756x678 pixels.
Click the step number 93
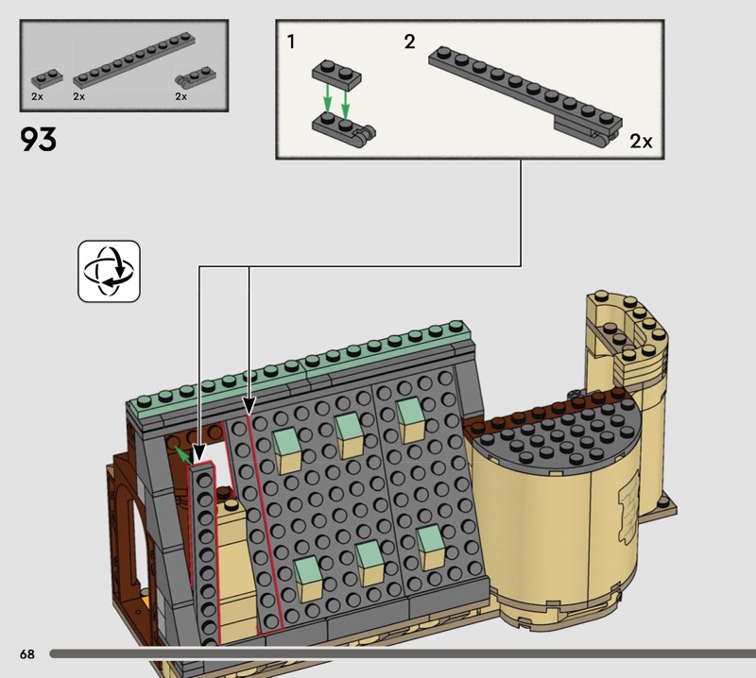38,139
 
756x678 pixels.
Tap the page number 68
27,653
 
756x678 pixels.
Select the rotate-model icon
109,271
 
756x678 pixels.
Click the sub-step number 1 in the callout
290,42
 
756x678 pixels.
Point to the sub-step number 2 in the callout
409,42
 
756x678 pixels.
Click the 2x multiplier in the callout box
641,142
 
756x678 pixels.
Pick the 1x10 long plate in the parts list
134,59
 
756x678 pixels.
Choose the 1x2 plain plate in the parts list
47,78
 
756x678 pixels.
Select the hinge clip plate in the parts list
196,77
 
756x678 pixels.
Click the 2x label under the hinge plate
180,96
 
